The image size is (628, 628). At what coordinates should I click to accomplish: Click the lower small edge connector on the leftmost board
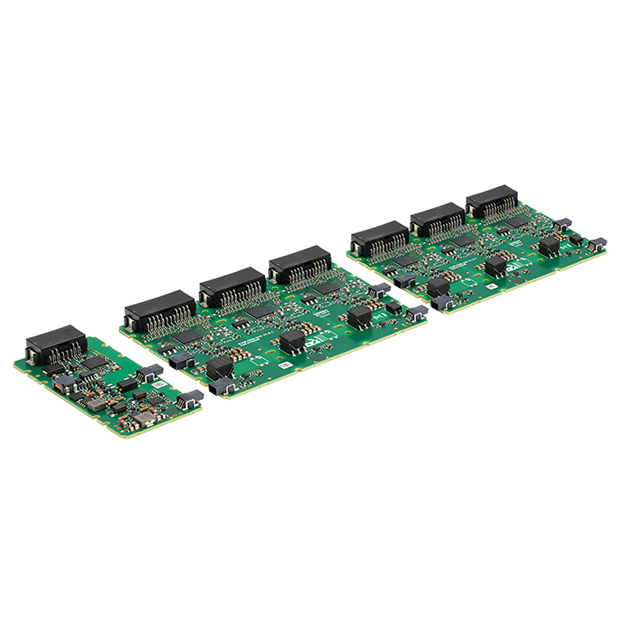point(191,397)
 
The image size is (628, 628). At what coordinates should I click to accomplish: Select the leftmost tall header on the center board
point(159,310)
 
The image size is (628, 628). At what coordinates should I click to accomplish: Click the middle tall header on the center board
point(232,286)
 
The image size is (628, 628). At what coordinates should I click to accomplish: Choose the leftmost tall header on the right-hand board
point(380,239)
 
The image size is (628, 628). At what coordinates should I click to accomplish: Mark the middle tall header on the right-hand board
point(438,219)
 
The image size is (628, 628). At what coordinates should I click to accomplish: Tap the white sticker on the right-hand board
point(492,286)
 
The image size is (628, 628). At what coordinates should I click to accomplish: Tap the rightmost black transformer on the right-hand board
point(548,246)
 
